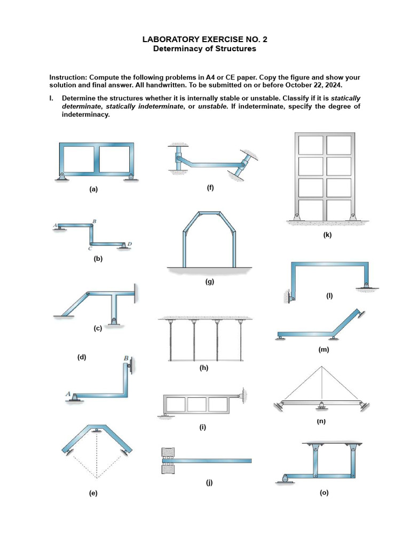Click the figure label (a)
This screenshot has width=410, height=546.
coord(94,189)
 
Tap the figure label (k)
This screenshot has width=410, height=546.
coord(327,235)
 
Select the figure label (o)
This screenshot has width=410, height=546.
coord(324,493)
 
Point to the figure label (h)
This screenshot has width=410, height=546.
coord(203,367)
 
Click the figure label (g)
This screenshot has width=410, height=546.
coord(210,282)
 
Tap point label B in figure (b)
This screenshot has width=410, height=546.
coord(94,221)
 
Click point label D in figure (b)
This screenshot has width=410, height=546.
coord(130,244)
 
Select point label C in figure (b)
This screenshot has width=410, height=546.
coord(90,248)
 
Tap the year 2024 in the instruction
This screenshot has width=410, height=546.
coord(330,85)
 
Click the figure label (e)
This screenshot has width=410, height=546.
coord(93,494)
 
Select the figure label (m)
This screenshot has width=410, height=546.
coord(323,350)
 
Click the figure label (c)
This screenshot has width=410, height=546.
coord(97,328)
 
